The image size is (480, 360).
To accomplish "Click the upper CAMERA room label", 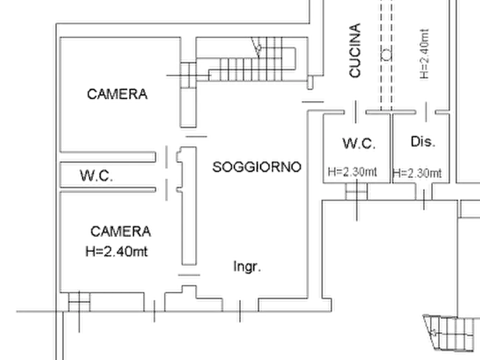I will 118,95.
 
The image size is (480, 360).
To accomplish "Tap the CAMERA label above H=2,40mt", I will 122,232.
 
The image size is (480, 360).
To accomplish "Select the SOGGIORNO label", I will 255,167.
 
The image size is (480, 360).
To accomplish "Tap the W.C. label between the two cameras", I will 97,175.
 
